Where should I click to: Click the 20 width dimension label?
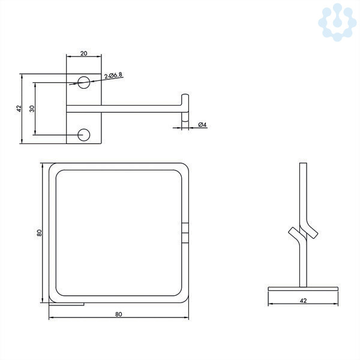pos(84,53)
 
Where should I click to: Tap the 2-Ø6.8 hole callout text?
pos(113,76)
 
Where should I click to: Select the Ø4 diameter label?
pos(203,125)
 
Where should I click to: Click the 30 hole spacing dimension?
pos(32,109)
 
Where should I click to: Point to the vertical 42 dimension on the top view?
pos(19,109)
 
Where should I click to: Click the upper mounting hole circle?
pos(84,82)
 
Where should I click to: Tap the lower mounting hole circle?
pos(84,135)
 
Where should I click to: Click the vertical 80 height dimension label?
pos(39,233)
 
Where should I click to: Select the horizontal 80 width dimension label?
pos(118,314)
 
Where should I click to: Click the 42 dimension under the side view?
pos(303,301)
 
